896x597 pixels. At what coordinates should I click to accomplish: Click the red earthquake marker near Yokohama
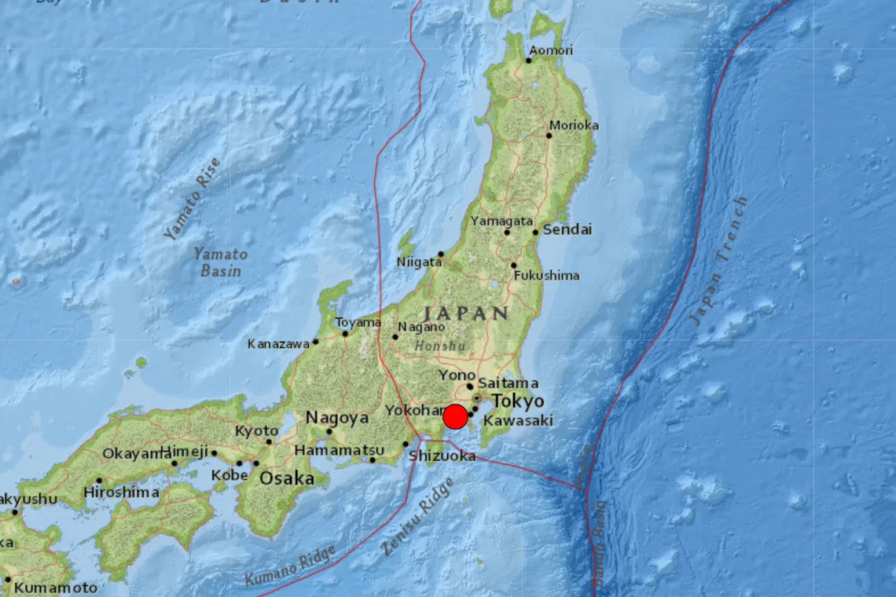click(455, 416)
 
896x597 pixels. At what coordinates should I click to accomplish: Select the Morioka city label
click(574, 125)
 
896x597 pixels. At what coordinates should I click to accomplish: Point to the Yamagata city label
click(501, 222)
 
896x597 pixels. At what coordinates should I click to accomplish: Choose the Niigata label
click(419, 262)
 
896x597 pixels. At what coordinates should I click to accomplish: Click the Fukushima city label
click(546, 276)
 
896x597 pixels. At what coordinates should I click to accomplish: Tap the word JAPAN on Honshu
click(465, 313)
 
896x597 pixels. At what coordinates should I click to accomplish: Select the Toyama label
click(358, 323)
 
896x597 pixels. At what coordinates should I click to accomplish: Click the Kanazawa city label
click(278, 344)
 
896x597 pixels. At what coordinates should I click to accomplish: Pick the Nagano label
click(421, 327)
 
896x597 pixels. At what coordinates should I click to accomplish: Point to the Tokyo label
click(518, 401)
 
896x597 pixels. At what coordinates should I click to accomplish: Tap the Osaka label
click(287, 478)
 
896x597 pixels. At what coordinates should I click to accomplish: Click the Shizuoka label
click(443, 456)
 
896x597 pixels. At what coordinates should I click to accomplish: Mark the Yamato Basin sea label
click(220, 262)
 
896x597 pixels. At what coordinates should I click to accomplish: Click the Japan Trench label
click(718, 262)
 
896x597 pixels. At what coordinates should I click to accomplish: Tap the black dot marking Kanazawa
click(315, 341)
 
